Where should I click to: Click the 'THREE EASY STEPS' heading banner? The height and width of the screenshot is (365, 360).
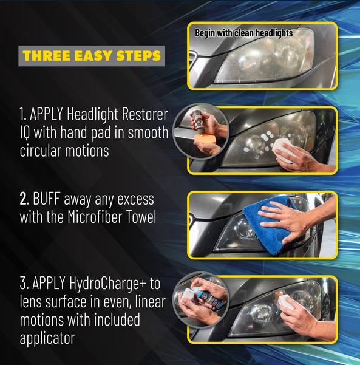point(91,56)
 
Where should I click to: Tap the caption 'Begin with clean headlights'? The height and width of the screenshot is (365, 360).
point(243,33)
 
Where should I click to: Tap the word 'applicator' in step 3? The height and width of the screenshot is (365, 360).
point(47,338)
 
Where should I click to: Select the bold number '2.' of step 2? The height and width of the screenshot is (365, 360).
point(24,199)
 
